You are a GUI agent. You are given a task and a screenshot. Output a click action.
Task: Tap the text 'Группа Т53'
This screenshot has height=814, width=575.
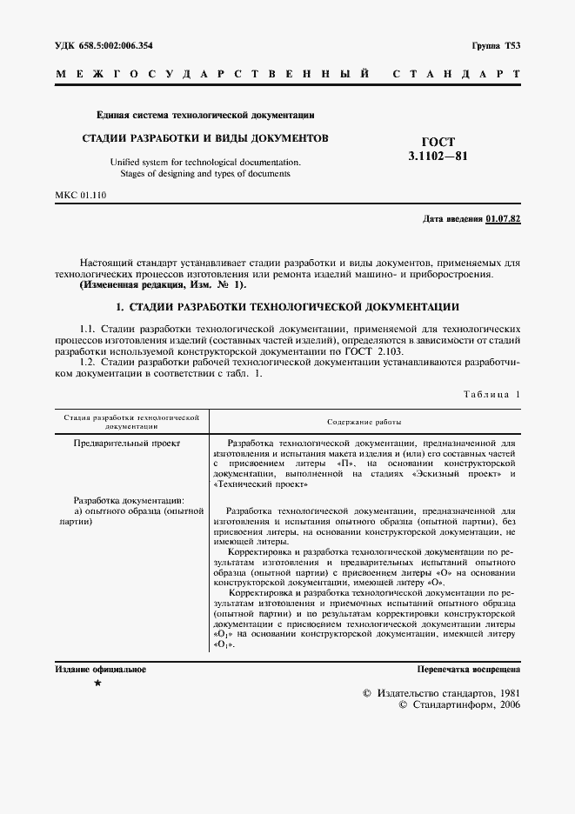(496, 44)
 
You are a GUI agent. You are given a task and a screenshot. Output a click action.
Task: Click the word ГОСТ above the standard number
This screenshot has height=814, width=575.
(438, 142)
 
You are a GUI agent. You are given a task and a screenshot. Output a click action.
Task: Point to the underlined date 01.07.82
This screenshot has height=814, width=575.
(503, 219)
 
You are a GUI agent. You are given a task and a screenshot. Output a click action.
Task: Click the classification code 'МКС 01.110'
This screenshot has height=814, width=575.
(80, 196)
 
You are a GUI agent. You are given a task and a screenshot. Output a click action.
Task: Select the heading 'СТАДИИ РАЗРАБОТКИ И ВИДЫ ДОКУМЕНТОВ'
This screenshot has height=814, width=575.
(204, 137)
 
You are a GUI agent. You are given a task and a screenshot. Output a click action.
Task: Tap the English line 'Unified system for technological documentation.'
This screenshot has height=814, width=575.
(204, 161)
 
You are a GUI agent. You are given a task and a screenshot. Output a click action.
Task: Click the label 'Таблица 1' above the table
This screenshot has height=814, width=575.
(491, 395)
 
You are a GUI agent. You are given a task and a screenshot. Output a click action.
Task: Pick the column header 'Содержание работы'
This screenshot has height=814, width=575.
(364, 422)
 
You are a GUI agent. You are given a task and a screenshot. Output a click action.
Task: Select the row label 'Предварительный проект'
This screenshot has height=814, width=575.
(127, 444)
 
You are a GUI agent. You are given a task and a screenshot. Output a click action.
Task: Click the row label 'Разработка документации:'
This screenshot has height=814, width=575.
(129, 501)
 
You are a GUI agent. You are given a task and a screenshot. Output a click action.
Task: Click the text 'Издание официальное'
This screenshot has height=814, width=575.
(100, 670)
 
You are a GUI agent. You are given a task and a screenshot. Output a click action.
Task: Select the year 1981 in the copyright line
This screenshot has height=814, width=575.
(505, 692)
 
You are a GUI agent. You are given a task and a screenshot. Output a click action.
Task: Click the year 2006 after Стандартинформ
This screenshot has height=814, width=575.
(505, 705)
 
